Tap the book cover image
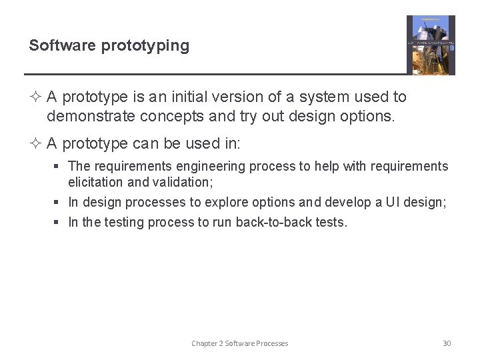[x=431, y=45]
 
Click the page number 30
[x=447, y=343]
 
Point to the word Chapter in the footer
[x=204, y=343]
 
